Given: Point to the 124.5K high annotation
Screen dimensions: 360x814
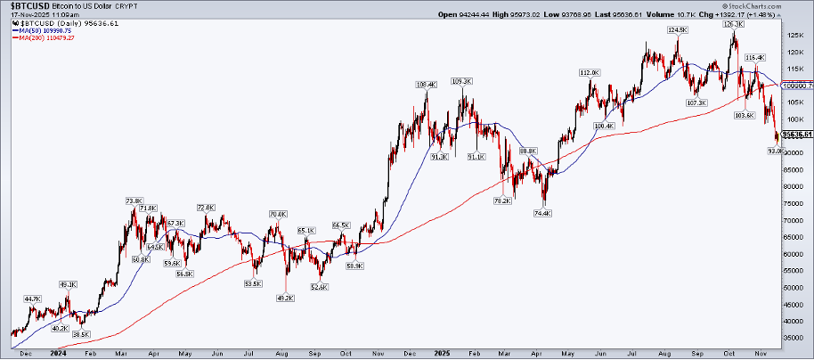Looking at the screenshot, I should tap(678, 29).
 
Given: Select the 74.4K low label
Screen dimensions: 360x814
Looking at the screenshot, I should tap(541, 213).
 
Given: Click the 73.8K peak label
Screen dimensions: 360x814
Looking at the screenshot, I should tap(134, 200).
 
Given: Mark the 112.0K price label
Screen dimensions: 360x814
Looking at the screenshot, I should tap(589, 72).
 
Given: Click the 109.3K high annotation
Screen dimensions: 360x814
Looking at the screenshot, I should tap(461, 81).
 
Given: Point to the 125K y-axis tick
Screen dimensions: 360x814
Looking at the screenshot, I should tap(794, 36).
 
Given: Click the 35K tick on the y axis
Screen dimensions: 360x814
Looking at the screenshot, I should tap(792, 338).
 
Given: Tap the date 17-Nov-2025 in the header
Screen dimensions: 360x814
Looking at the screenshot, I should tap(25, 13).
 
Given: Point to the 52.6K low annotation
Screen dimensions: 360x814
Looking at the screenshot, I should tap(319, 286).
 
